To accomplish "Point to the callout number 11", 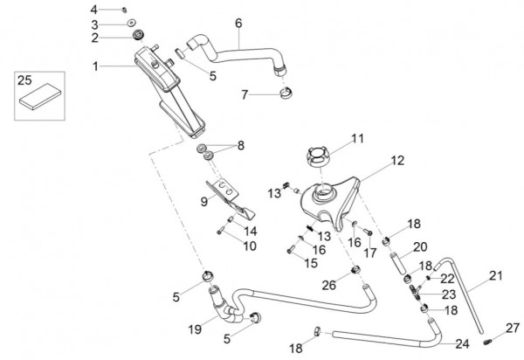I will tap(357, 138).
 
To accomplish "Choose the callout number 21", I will tap(495, 276).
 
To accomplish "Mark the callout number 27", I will tap(513, 329).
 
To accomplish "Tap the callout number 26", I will tap(328, 285).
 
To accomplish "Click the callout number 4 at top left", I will tap(120, 9).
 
